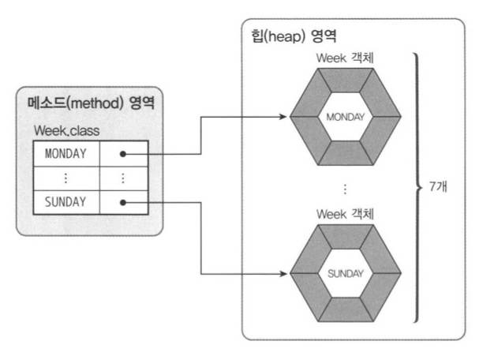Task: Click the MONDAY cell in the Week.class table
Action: [x=65, y=152]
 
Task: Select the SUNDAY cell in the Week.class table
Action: [x=65, y=202]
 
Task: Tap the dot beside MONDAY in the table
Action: [x=123, y=153]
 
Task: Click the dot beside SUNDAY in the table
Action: [x=123, y=202]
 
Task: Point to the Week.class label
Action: [x=66, y=130]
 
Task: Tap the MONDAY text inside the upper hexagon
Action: [x=345, y=117]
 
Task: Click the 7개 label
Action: [x=439, y=189]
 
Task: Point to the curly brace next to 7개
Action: [x=416, y=188]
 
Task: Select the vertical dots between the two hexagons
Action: [x=345, y=189]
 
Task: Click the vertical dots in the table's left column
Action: [x=65, y=178]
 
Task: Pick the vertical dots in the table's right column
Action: [x=123, y=178]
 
